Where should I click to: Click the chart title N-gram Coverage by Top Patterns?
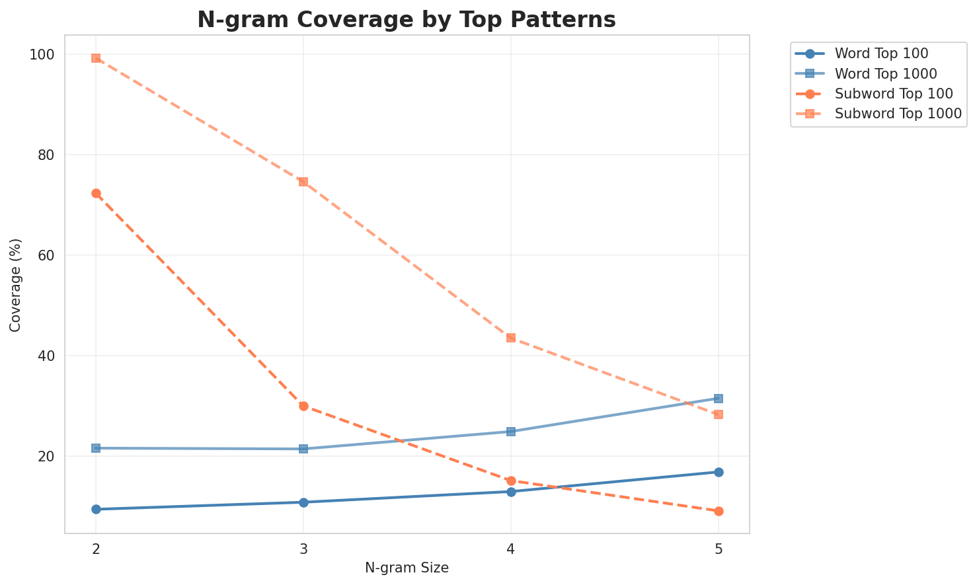tap(407, 20)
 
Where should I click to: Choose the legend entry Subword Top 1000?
tap(888, 113)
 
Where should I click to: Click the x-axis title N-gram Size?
tap(407, 568)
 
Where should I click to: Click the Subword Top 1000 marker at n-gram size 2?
tap(96, 58)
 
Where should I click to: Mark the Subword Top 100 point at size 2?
tap(96, 193)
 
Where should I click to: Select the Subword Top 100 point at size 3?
tap(303, 406)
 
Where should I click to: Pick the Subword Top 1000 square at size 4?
tap(511, 338)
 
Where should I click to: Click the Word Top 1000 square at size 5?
tap(719, 399)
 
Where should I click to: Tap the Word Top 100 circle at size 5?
tap(719, 472)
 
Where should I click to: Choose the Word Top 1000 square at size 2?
tap(96, 448)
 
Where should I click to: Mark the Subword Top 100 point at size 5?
tap(719, 511)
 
